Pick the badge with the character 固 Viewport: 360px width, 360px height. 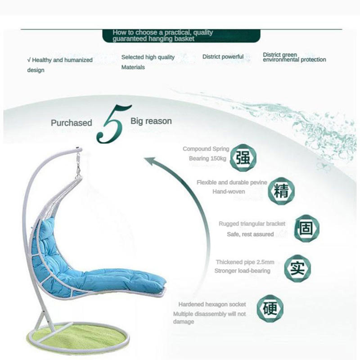[x=306, y=228]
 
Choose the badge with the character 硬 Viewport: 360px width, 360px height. [x=270, y=310]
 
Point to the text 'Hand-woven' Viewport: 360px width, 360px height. [x=229, y=192]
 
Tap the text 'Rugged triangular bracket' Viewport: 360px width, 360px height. [x=252, y=224]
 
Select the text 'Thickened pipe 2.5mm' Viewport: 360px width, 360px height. [x=245, y=262]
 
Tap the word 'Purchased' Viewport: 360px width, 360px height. [x=71, y=123]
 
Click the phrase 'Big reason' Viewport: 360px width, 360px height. [x=151, y=121]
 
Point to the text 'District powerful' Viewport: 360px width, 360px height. [x=223, y=57]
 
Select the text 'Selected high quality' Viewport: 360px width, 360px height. [x=148, y=57]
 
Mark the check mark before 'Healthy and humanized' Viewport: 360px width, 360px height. [x=29, y=60]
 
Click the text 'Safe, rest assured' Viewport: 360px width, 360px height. [x=250, y=234]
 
